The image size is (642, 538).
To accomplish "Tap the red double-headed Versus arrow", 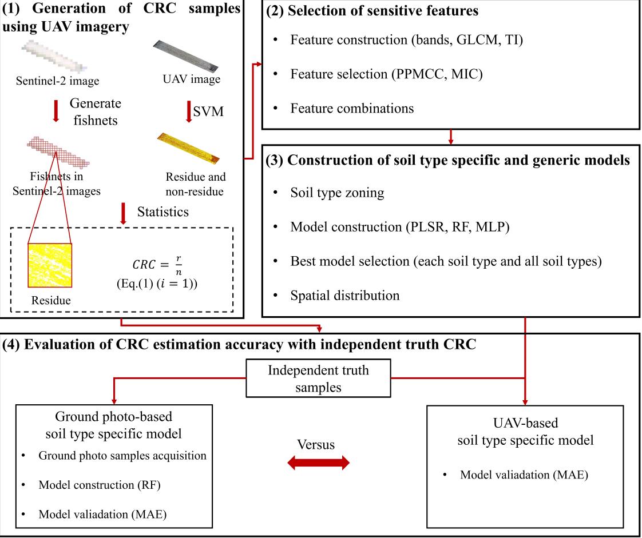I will [x=318, y=463].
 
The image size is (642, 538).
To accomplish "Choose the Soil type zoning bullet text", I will [x=337, y=193].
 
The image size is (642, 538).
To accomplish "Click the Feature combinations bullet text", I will [x=352, y=107].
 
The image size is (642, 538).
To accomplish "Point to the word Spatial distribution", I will [x=345, y=296].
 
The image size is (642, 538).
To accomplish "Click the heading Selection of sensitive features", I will [x=372, y=11].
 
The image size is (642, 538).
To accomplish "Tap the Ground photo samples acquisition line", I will [x=122, y=456].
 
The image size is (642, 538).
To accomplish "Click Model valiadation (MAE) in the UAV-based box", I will [x=524, y=475].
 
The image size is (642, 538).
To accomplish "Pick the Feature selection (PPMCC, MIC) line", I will [x=386, y=74].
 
